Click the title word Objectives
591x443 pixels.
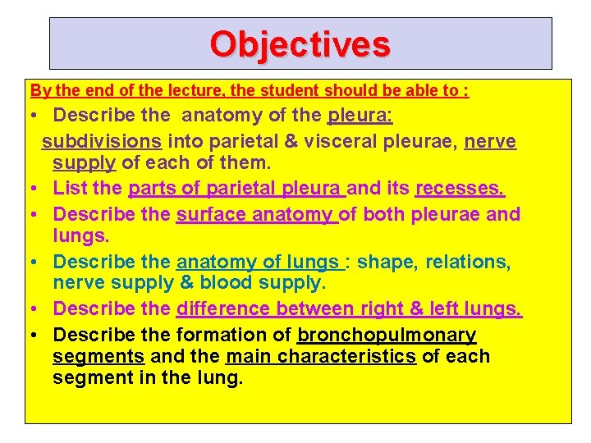[300, 43]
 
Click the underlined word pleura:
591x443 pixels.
[360, 116]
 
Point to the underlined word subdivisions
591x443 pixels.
[101, 141]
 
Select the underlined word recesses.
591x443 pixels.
[460, 189]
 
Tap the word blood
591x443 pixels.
[236, 283]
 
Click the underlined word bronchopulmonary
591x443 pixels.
[387, 335]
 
